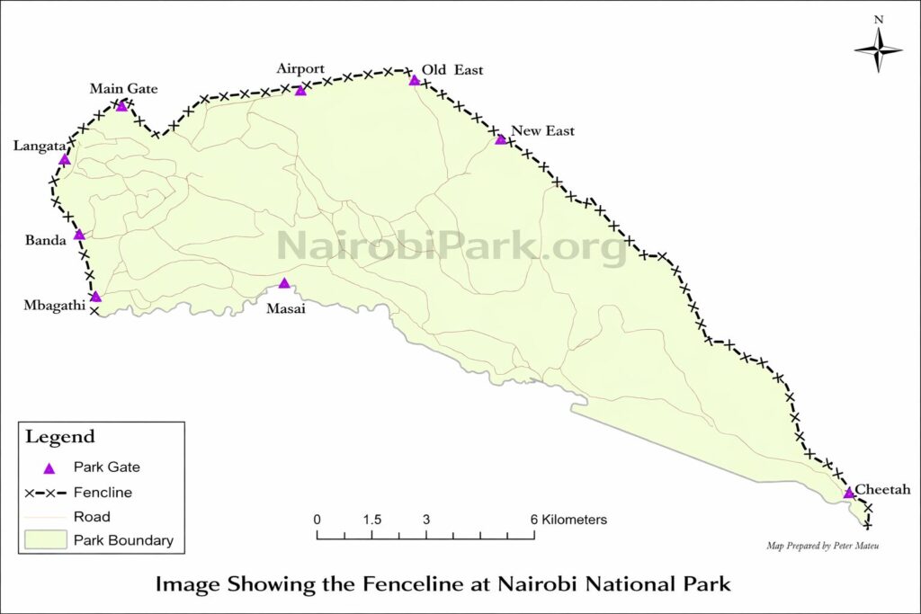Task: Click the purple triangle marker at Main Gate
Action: (x=122, y=106)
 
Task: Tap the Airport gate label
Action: (x=300, y=69)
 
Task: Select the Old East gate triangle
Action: (x=415, y=81)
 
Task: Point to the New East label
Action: (x=542, y=131)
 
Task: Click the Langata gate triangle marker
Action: (x=64, y=160)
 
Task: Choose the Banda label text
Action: (x=44, y=241)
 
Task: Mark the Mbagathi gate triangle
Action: (x=95, y=297)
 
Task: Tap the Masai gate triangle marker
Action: (x=284, y=283)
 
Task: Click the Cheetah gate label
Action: (x=883, y=489)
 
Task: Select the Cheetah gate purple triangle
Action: (x=848, y=493)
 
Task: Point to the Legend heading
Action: (x=59, y=438)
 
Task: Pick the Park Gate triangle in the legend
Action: (x=49, y=468)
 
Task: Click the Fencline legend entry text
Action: (x=103, y=493)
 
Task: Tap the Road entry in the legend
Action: (x=92, y=517)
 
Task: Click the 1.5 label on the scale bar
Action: (x=372, y=520)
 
